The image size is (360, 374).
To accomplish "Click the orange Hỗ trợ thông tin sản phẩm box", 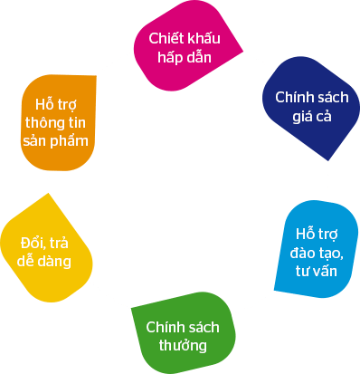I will pos(59,124).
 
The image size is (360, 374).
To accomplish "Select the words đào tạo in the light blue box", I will pos(318,249).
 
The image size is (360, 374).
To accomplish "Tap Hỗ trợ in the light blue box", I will pos(318,231).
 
